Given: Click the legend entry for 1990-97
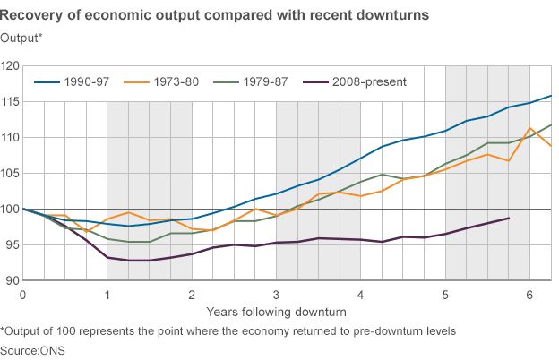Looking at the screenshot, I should click(x=87, y=81).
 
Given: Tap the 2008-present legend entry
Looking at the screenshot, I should click(x=369, y=81).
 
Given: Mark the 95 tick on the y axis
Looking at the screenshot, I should click(x=13, y=245).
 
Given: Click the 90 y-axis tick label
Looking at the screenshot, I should click(x=13, y=281).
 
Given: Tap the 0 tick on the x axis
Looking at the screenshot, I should click(x=22, y=295).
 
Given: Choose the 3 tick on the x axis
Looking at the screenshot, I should click(x=276, y=295).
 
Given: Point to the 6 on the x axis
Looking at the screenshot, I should click(x=529, y=295).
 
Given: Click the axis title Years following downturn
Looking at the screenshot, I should click(x=275, y=312).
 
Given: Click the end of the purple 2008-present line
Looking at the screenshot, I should click(x=509, y=219).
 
